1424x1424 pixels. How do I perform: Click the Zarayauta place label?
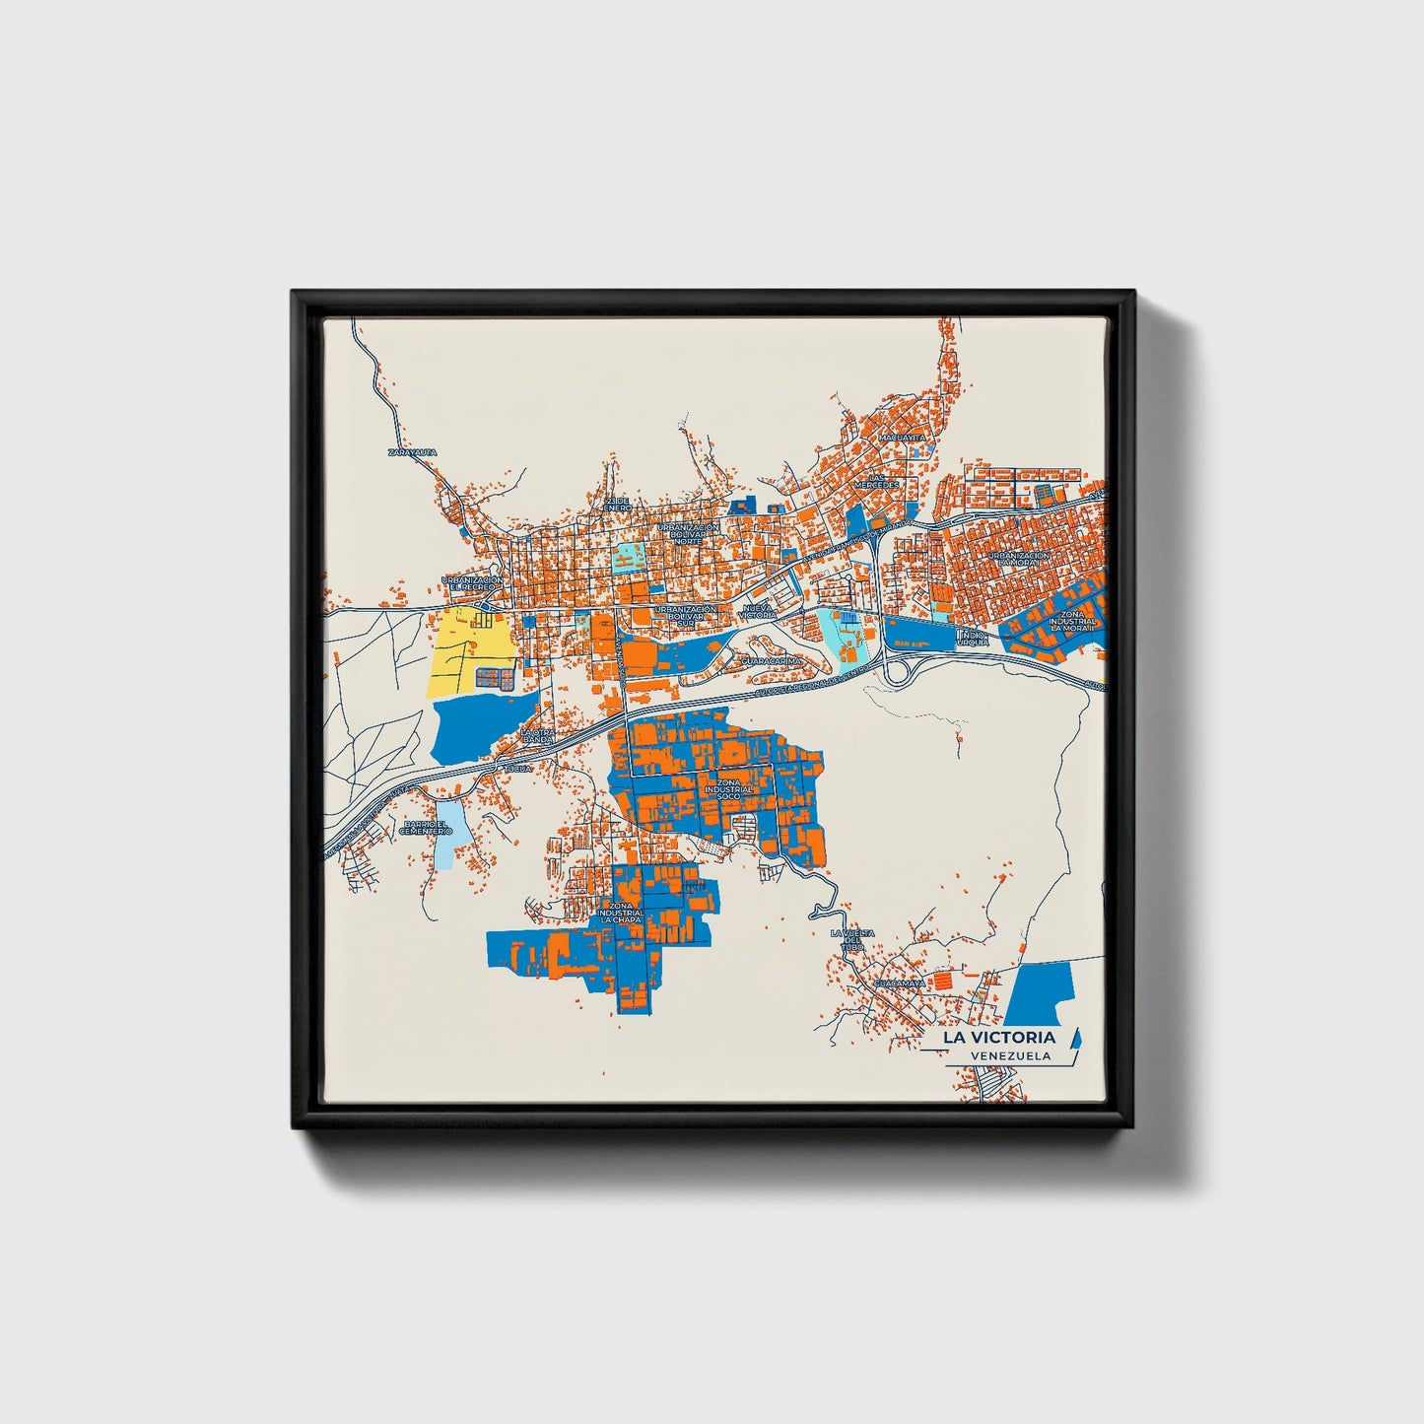[x=412, y=452]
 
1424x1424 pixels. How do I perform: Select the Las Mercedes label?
[x=875, y=480]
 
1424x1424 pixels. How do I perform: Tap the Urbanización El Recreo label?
[x=472, y=583]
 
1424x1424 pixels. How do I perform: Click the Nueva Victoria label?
[x=759, y=612]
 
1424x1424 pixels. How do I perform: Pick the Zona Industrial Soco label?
[x=729, y=788]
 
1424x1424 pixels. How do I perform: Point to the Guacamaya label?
[x=899, y=983]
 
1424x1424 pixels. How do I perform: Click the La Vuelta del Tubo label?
[x=851, y=939]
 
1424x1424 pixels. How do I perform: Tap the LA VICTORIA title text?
[x=998, y=1037]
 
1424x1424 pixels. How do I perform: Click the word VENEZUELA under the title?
[x=1010, y=1055]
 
